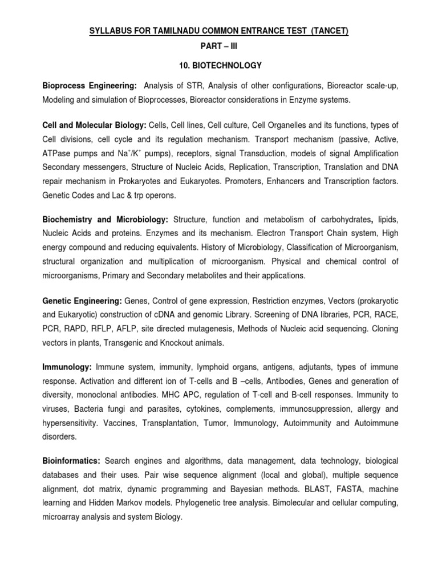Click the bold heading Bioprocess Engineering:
pyautogui.click(x=90, y=86)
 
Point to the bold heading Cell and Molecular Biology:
pyautogui.click(x=95, y=125)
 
